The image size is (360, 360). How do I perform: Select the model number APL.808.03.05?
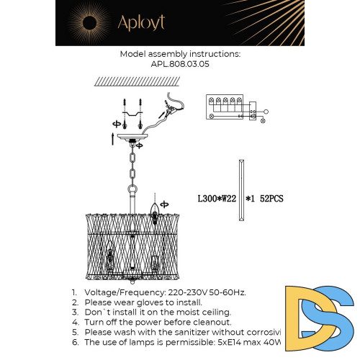(x=179, y=63)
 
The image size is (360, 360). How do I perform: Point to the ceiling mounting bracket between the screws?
(x=130, y=112)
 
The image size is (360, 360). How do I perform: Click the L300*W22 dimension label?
(x=217, y=196)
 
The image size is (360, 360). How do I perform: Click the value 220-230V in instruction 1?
(x=182, y=292)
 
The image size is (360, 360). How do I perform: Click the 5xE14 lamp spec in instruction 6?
(x=232, y=343)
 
